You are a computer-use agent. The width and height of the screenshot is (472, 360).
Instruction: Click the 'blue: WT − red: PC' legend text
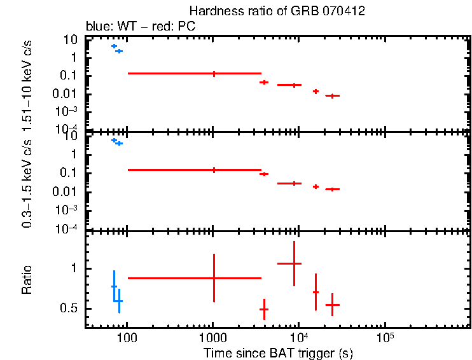tap(140, 27)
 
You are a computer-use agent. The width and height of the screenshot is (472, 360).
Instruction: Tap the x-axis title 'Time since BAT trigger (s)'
tap(278, 352)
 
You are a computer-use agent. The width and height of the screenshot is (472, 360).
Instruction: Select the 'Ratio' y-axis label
tap(27, 280)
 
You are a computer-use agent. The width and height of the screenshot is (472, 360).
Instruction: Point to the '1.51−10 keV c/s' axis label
tap(27, 84)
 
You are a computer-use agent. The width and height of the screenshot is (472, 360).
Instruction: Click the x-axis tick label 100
tap(127, 336)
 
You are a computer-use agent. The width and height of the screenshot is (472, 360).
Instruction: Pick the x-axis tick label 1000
tap(213, 336)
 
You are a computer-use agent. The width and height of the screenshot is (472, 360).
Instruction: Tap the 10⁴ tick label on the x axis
tap(298, 335)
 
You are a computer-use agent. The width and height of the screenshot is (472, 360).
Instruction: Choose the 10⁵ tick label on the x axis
tap(384, 335)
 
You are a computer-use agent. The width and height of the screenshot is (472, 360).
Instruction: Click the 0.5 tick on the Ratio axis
tap(69, 308)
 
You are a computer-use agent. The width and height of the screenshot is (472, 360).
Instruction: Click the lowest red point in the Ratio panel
tap(264, 309)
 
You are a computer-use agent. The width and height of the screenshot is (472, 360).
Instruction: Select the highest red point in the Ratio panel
tap(294, 263)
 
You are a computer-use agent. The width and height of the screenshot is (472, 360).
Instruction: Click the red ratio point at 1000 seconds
tap(214, 278)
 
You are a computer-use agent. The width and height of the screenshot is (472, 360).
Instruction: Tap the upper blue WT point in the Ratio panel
tap(114, 286)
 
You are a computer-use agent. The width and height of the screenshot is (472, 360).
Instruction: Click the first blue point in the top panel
tap(114, 46)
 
